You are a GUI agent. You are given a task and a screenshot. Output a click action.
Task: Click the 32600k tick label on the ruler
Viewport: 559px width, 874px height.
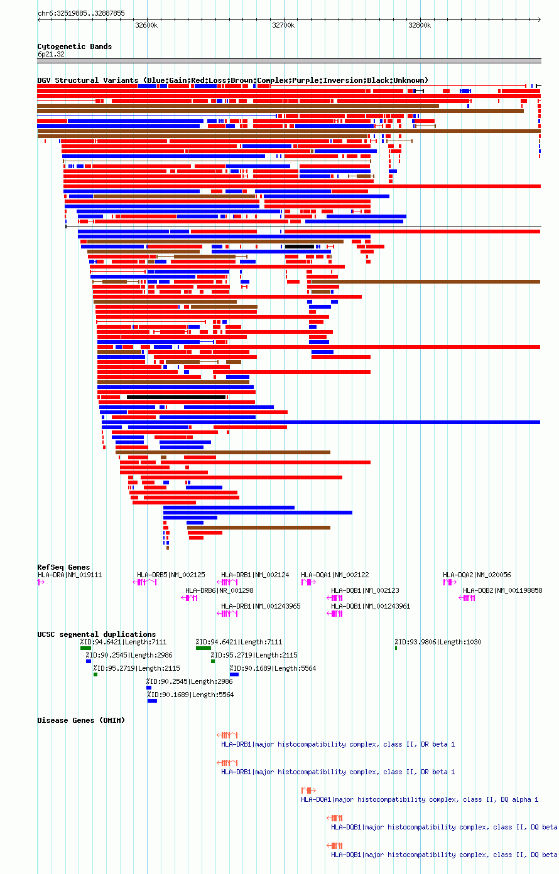146,25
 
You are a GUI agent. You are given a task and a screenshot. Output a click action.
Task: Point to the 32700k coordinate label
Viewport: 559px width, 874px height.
283,25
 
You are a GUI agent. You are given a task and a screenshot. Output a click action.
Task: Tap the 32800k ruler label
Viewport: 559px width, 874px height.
420,25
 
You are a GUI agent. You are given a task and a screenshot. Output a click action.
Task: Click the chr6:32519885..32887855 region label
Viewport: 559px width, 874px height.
81,13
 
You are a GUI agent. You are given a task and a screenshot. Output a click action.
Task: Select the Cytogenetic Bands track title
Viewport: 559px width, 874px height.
75,46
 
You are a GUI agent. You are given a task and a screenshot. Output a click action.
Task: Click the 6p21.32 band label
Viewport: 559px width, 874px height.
51,55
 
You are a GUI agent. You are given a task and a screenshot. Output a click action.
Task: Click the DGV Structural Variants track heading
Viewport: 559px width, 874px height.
232,80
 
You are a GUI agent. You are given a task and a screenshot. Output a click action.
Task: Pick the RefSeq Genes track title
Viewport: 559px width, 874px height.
63,567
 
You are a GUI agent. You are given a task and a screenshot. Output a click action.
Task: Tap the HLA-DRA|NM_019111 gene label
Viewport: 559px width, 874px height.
70,575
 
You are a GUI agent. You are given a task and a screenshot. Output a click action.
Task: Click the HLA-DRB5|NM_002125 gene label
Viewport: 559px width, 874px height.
171,575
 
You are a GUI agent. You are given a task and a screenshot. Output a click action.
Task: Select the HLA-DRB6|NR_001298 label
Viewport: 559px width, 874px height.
219,590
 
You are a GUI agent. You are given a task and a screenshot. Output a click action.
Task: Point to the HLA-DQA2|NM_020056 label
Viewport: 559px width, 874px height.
477,575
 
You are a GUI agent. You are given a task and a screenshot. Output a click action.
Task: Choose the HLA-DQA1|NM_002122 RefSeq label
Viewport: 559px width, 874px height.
335,575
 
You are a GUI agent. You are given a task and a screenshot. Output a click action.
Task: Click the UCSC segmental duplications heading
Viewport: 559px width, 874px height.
97,634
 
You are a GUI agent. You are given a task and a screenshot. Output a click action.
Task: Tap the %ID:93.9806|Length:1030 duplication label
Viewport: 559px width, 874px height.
437,642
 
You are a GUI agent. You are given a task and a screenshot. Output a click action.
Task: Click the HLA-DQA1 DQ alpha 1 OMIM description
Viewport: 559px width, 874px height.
420,799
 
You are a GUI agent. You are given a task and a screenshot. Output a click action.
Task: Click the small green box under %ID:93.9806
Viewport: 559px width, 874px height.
396,648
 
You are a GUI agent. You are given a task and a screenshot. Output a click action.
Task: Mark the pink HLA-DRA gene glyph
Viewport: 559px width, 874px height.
41,582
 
